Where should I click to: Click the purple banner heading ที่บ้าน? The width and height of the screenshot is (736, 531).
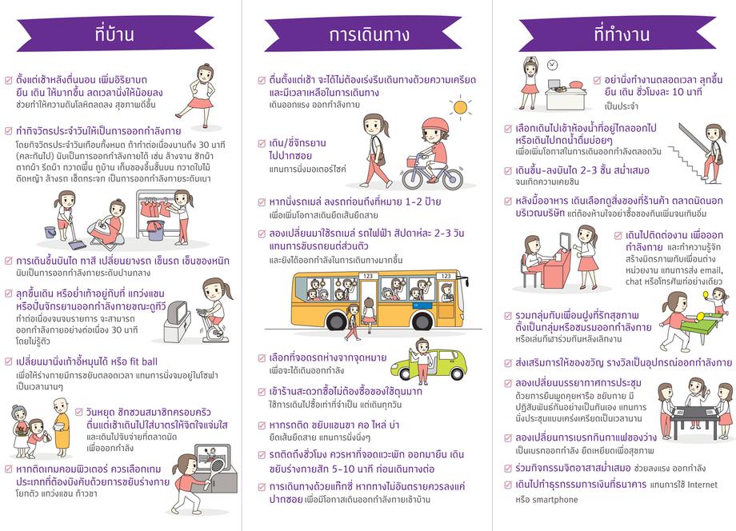115,34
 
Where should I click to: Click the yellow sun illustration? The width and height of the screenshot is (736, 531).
460,107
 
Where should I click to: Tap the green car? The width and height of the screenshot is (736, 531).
430,365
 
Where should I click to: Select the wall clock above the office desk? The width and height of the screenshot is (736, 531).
553,65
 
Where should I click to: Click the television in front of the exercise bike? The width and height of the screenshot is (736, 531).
178,313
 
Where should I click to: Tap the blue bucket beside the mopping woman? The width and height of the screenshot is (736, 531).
50,232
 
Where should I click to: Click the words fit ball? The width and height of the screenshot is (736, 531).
144,361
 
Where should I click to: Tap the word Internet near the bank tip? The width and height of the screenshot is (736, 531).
702,485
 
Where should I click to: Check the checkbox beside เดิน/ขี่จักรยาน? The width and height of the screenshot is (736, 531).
262,143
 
